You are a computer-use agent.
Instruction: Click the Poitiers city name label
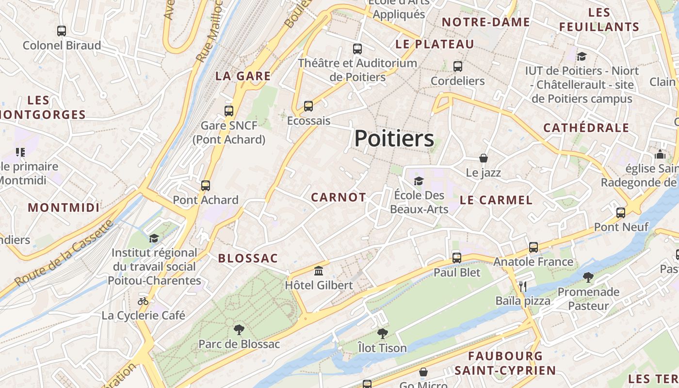[394, 139]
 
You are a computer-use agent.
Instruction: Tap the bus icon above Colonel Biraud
[62, 31]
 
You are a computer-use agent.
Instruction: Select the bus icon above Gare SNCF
[229, 111]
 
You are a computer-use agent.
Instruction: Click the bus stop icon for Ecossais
[308, 106]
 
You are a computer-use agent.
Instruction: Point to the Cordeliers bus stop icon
[458, 66]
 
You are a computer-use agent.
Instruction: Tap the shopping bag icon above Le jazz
[484, 158]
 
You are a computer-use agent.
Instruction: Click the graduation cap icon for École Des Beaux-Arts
[418, 181]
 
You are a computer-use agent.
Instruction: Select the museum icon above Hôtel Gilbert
[319, 271]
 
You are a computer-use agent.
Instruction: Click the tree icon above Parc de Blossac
[239, 330]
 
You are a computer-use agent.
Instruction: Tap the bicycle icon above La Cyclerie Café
[143, 301]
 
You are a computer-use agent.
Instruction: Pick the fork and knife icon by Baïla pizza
[523, 287]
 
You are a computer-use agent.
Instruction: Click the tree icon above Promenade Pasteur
[588, 277]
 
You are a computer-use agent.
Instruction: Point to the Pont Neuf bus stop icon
[621, 212]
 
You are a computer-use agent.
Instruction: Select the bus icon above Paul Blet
[457, 258]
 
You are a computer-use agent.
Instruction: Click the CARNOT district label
[339, 197]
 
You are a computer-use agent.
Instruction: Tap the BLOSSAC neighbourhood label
[248, 259]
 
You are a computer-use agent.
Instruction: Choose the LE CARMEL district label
[496, 200]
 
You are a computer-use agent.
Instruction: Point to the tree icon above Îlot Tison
[383, 334]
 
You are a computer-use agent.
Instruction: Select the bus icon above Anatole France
[533, 247]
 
